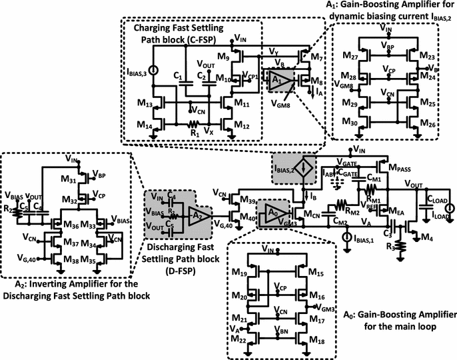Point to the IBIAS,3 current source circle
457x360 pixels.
[x=154, y=69]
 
